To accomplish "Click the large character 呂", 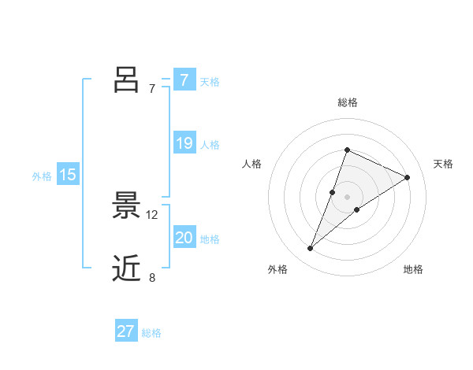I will pos(126,80).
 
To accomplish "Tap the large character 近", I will pos(126,268).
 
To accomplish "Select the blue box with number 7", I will pos(184,80).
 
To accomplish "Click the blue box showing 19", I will pos(184,143).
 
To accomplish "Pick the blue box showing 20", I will pos(184,238).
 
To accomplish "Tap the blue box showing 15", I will pos(68,175).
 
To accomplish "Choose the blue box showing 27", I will pos(126,331).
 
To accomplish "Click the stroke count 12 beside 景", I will pos(152,214).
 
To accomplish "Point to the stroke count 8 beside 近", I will pos(152,276).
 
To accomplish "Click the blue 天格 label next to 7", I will pos(210,82).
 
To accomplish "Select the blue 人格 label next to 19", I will pos(210,145).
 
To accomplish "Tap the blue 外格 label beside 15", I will pos(42,176).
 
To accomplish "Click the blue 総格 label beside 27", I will pos(151,333).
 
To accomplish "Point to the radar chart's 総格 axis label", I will pos(347,103).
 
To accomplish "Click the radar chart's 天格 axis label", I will pos(443,164).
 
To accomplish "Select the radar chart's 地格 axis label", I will pos(413,269).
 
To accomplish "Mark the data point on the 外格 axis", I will pos(311,249).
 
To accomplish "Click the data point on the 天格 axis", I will pos(408,177).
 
